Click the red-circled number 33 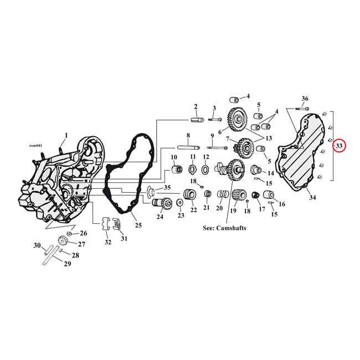tap(339, 146)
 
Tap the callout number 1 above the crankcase tap(66, 135)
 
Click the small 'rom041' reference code tap(34, 146)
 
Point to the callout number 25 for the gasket tap(138, 225)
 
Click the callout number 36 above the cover tap(305, 99)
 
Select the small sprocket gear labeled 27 tap(63, 242)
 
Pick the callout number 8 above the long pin tap(188, 136)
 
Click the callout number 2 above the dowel tap(196, 106)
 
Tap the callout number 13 tap(269, 138)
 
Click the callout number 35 tap(168, 188)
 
